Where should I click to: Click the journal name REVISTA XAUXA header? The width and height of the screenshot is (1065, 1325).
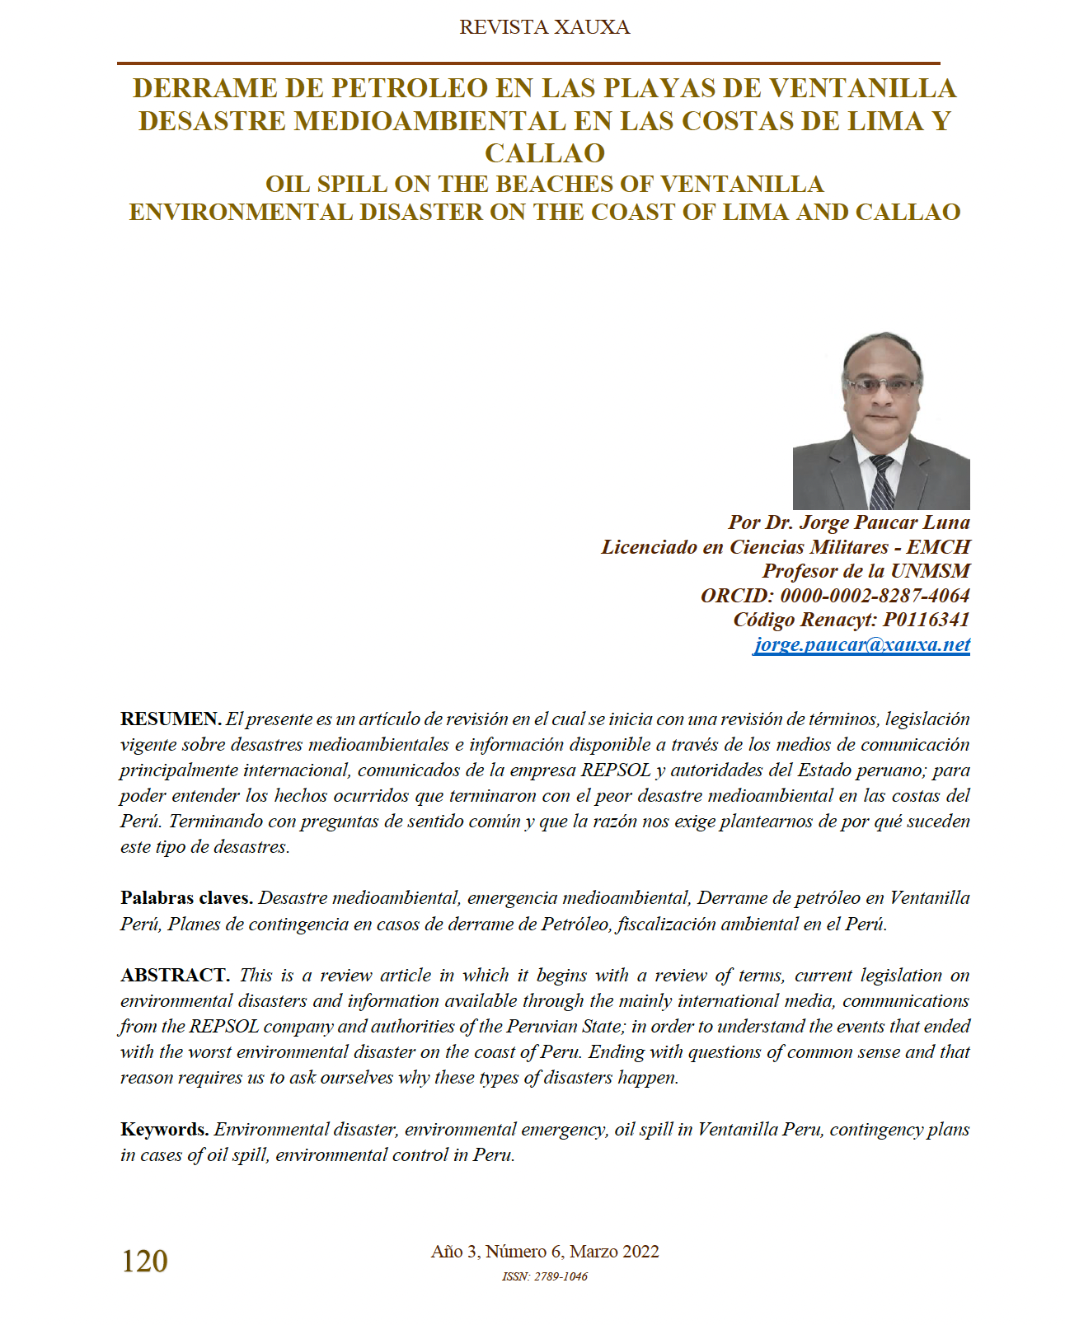(x=544, y=27)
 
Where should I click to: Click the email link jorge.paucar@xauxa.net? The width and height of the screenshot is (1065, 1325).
(x=861, y=644)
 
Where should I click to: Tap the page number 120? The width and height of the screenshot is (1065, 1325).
(x=144, y=1261)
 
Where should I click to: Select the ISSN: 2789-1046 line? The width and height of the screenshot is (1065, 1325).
(x=544, y=1276)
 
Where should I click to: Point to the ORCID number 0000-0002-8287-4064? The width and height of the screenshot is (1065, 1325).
(x=875, y=595)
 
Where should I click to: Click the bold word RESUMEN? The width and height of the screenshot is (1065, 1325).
(x=170, y=719)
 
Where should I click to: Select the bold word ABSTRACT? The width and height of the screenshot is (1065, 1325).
(x=174, y=975)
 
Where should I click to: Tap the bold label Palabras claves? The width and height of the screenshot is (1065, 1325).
(x=185, y=897)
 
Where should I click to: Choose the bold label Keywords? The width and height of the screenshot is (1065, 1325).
(x=164, y=1129)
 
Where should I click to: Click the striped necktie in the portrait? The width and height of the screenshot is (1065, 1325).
(x=882, y=482)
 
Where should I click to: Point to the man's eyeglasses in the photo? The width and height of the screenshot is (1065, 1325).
(x=882, y=385)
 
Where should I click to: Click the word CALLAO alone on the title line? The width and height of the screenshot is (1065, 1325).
(x=544, y=153)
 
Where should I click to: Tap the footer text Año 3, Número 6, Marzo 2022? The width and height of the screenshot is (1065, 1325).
(x=544, y=1252)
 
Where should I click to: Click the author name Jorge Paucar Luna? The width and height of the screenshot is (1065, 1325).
(x=884, y=522)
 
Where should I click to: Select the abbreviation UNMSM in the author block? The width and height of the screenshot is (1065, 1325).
(x=930, y=571)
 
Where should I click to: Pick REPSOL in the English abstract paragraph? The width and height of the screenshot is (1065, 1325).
(x=224, y=1027)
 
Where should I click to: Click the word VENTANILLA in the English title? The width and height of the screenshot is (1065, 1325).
(x=742, y=184)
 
